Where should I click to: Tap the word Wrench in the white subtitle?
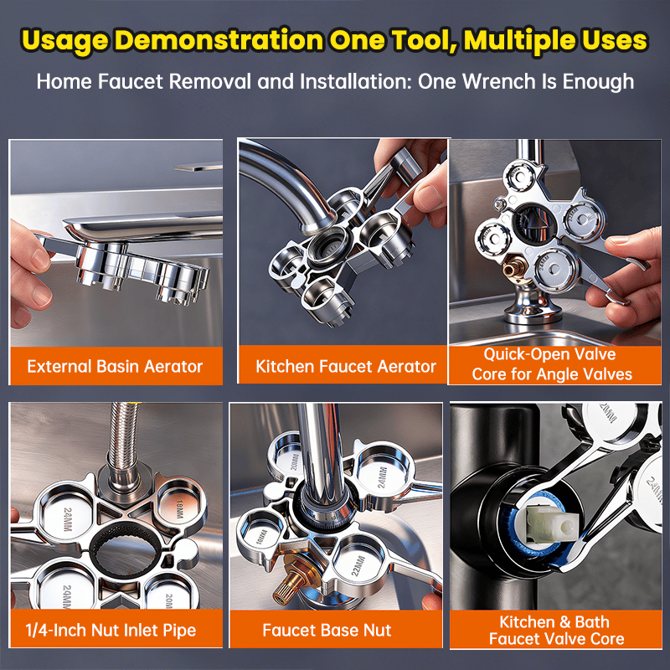[518, 81]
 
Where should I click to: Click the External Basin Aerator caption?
[115, 366]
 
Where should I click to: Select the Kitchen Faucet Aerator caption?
[345, 366]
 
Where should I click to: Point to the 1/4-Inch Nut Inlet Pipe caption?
[115, 629]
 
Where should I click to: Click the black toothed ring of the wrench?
[117, 553]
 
